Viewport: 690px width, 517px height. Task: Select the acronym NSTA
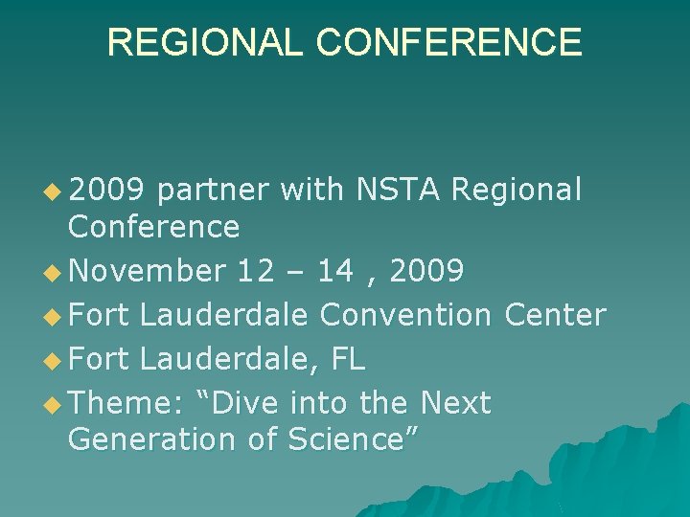[x=398, y=191]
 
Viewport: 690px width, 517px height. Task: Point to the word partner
[x=214, y=191]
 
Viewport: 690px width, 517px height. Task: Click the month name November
[x=147, y=272]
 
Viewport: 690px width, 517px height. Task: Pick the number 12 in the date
[x=256, y=272]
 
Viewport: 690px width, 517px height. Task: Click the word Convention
[x=402, y=315]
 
